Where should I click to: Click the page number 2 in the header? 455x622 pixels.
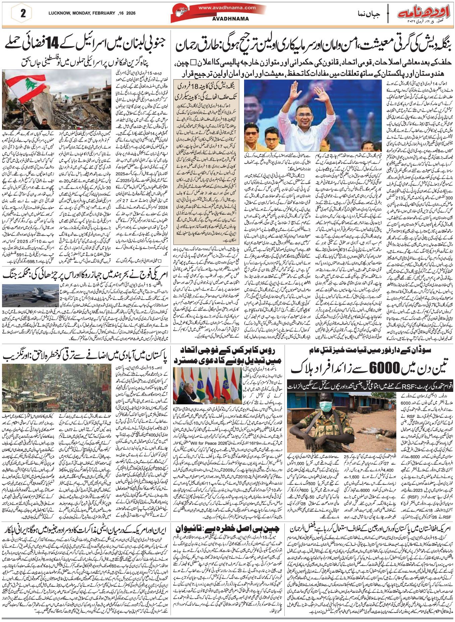click(23, 14)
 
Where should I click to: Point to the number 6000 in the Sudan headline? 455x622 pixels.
click(383, 368)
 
